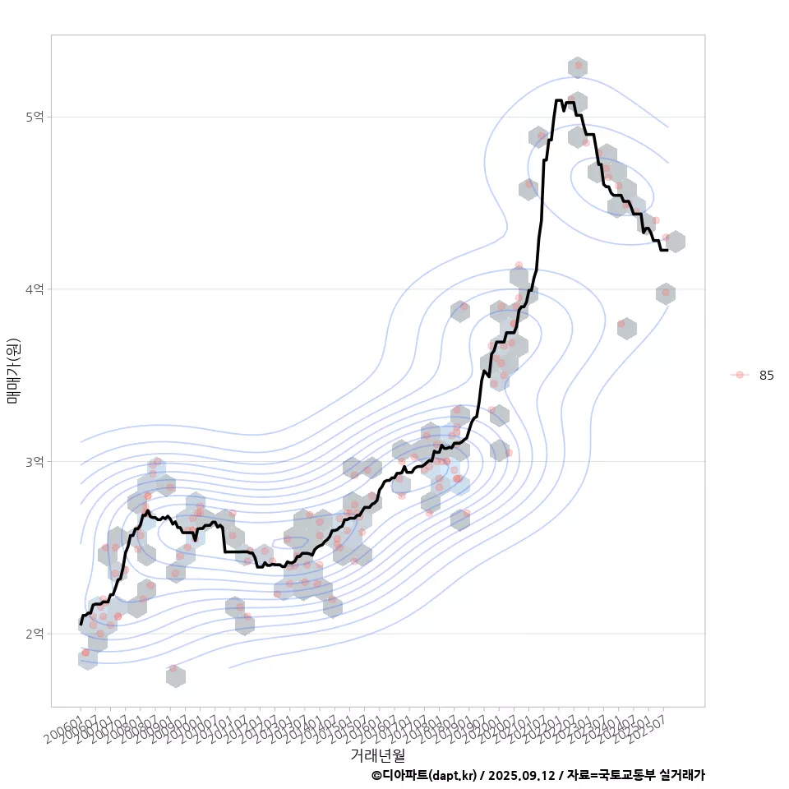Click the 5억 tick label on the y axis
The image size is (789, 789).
pos(34,117)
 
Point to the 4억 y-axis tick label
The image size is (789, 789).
pos(34,289)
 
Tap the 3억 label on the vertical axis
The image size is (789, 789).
pos(34,462)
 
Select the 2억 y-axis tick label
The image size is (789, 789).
pos(34,634)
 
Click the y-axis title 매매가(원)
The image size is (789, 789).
pos(14,371)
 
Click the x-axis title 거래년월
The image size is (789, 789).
pos(377,754)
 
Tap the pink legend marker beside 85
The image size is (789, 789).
pos(740,375)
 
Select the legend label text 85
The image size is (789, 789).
pos(766,375)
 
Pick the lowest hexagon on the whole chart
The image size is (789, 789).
pos(175,676)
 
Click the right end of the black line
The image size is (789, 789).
pos(667,249)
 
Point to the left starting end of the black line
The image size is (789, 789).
pos(81,625)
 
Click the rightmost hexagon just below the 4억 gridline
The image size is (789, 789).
pos(666,293)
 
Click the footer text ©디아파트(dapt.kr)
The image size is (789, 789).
pos(423,775)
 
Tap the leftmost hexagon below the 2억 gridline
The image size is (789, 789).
pos(88,658)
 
